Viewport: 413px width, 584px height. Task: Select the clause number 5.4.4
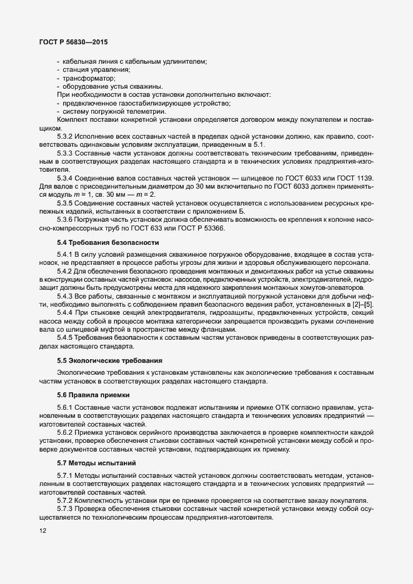(66, 312)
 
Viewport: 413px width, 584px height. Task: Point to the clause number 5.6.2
(66, 432)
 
